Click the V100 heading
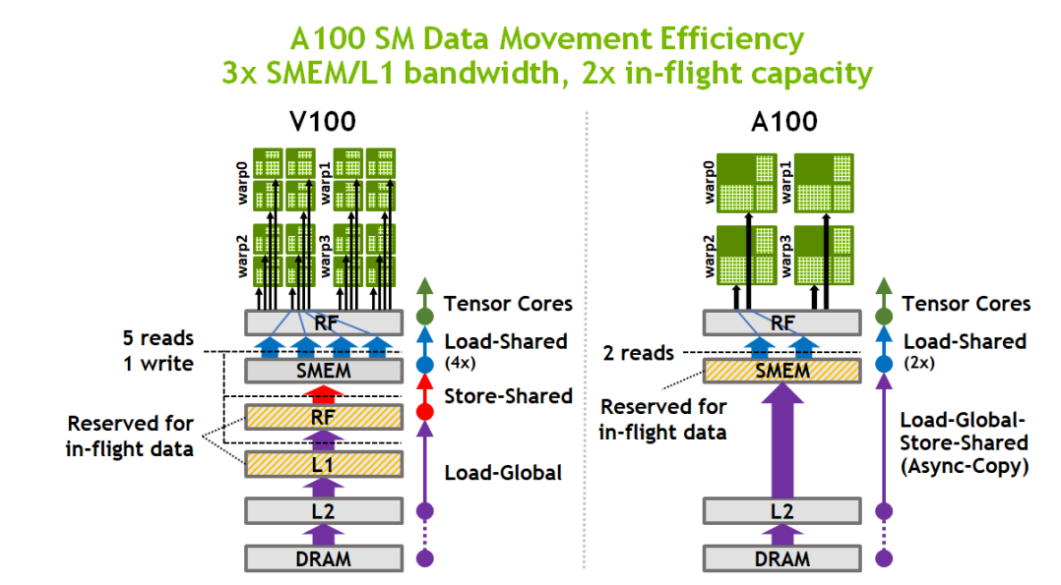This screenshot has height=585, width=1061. click(323, 123)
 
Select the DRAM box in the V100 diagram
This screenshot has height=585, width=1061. click(323, 558)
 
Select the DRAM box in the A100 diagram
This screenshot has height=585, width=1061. click(783, 558)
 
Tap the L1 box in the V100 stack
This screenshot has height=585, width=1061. click(323, 462)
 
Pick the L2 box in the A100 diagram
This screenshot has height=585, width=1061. click(783, 511)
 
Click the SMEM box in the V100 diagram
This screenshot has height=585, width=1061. click(323, 371)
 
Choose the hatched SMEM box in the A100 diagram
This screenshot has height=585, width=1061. click(783, 371)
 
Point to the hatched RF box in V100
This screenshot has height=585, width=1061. click(323, 417)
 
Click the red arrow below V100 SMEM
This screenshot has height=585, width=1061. click(323, 394)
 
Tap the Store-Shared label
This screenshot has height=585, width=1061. click(508, 396)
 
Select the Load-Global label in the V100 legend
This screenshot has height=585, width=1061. click(503, 473)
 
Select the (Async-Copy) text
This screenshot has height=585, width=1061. click(965, 466)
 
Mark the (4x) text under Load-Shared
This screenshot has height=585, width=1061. click(460, 361)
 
